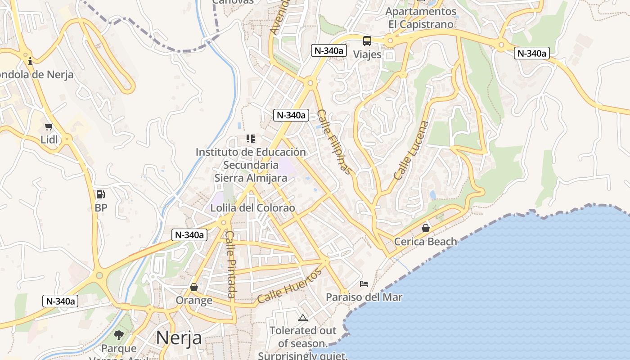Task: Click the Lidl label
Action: pos(49,139)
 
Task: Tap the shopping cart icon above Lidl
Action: pos(49,127)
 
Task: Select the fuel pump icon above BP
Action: pos(101,194)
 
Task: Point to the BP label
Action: pos(101,208)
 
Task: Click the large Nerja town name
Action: pos(179,337)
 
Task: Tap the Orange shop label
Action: pos(194,300)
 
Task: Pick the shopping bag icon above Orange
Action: pos(194,287)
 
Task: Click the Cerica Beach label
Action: pos(425,242)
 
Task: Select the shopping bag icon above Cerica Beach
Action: pos(426,228)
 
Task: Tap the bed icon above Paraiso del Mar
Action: pos(364,284)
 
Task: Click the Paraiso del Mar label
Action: pos(364,297)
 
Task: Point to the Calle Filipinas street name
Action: pos(333,142)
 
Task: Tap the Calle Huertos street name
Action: pos(290,286)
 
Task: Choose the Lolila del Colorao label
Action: pos(253,208)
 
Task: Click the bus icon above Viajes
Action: pos(367,41)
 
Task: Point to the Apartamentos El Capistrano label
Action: pos(421,18)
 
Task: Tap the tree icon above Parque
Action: pos(119,335)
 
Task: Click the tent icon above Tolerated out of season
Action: pos(303,318)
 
